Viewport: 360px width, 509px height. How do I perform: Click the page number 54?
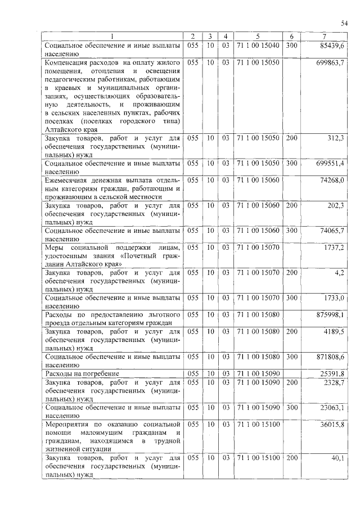click(x=344, y=22)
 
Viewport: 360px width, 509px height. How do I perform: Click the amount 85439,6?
click(x=334, y=44)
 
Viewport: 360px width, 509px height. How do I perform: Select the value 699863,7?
click(x=330, y=62)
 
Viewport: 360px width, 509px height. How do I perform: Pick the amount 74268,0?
click(x=332, y=180)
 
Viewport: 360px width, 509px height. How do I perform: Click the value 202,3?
click(x=336, y=205)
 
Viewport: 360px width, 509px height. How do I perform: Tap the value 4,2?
click(x=340, y=272)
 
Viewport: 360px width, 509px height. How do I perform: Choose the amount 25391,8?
click(x=332, y=373)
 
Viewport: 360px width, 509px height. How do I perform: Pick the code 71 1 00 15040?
click(x=258, y=44)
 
